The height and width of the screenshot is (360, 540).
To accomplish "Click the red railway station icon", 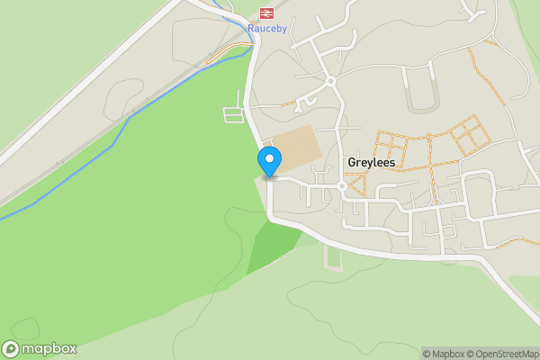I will [265, 13].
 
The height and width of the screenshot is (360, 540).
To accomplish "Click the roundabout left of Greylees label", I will [342, 186].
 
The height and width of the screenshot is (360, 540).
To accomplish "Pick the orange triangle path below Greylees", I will [357, 185].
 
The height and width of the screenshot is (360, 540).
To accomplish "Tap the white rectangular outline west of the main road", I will [233, 114].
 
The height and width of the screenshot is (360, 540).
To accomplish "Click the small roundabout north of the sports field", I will [330, 82].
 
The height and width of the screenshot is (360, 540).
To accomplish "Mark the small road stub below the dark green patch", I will [334, 258].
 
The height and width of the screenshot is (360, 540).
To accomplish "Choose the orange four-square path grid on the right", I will [469, 137].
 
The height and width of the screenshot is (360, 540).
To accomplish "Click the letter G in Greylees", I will [352, 163].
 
